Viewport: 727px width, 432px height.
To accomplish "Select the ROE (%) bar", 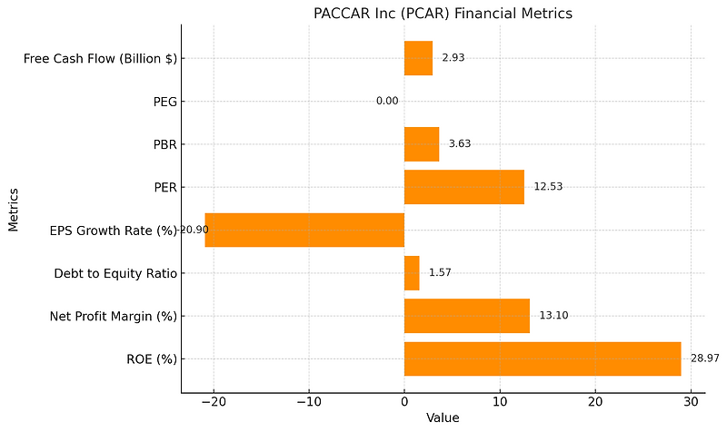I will tap(543, 358).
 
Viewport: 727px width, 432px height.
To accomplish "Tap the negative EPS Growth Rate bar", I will tap(304, 230).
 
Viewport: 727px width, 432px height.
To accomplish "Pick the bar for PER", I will tap(463, 187).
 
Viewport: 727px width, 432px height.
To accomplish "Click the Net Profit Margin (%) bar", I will tap(466, 316).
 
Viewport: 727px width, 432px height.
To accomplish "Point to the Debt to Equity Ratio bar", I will tap(412, 273).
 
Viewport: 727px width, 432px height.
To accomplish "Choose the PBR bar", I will tap(422, 143).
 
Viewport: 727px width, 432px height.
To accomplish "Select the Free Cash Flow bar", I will tap(418, 58).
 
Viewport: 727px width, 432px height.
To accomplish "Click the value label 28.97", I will tap(705, 358).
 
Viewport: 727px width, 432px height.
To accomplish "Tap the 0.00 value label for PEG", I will tap(387, 101).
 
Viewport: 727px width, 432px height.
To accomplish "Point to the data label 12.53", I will tap(549, 187).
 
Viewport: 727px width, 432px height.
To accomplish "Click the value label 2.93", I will tap(453, 58).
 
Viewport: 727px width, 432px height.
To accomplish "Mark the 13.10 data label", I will tap(553, 316).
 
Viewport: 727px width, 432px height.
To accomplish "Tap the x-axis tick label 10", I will tap(500, 402).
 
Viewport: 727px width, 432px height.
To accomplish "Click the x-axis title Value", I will tap(443, 418).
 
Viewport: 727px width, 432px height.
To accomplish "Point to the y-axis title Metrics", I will tap(14, 209).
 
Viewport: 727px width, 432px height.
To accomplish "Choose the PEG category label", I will tap(164, 101).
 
